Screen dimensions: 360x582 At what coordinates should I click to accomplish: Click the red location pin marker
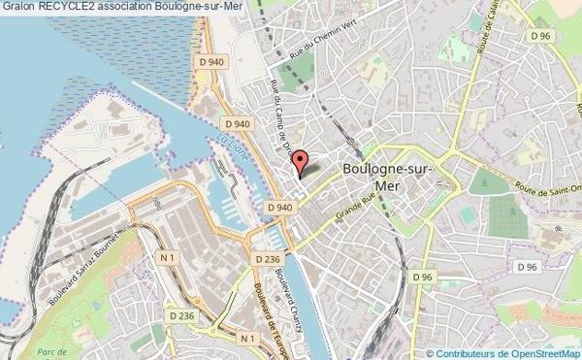(300, 162)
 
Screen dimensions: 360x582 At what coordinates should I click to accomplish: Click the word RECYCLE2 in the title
(68, 7)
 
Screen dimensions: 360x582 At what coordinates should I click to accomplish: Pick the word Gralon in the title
(18, 7)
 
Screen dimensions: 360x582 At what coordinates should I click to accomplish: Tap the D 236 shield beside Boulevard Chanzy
(268, 259)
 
